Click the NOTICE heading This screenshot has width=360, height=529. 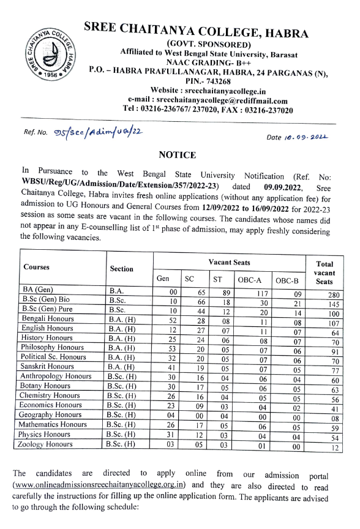tap(178, 156)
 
